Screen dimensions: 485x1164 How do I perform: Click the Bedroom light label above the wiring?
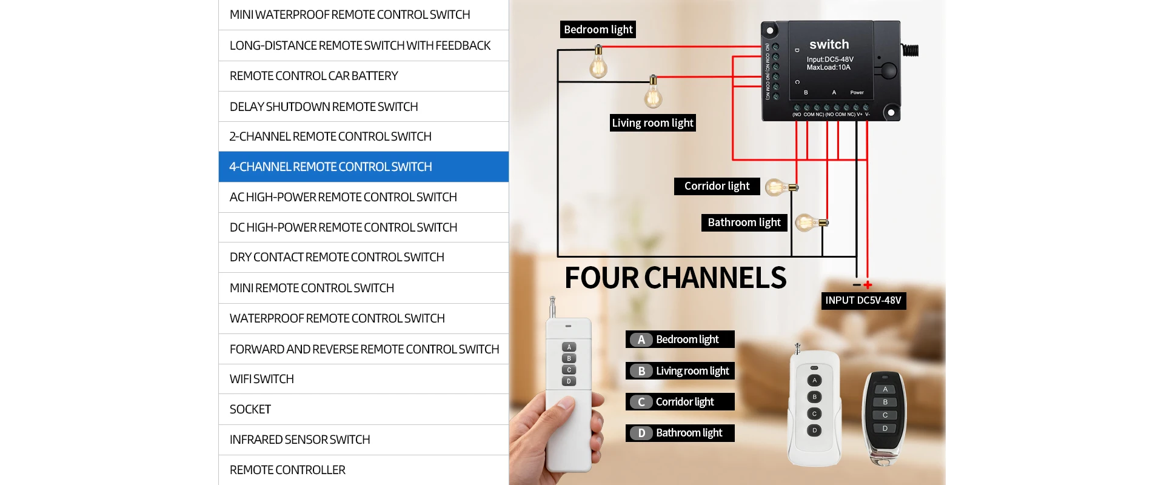[598, 30]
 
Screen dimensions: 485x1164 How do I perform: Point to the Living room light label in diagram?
[652, 123]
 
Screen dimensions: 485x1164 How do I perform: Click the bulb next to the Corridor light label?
[777, 187]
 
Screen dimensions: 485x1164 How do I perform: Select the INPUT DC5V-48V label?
[863, 301]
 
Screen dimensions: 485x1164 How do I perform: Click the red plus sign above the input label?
[868, 284]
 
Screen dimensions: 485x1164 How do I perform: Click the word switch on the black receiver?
[829, 44]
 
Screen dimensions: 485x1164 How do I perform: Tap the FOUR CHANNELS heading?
[675, 278]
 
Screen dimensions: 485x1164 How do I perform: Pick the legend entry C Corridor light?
[680, 402]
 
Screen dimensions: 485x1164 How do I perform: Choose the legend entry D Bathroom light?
[680, 433]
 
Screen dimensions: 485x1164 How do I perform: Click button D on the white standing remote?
[814, 430]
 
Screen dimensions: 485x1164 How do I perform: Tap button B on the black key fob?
[885, 402]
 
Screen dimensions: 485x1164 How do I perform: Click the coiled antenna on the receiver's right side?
[910, 50]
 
